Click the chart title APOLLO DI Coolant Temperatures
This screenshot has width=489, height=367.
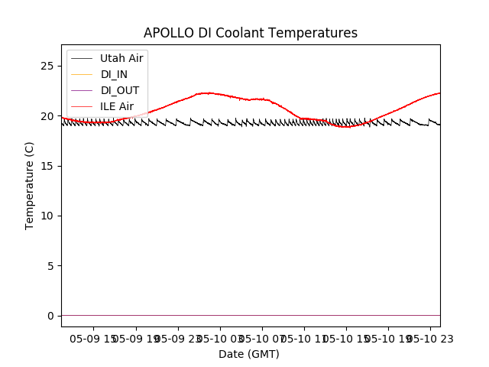pos(251,34)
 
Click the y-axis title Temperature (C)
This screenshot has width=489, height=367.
pos(30,185)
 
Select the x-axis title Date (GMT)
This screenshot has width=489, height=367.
pos(249,354)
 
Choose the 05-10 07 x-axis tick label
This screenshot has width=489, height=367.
pos(262,337)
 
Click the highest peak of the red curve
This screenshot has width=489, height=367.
pos(208,93)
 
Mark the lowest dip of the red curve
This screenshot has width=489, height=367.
pos(346,127)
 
